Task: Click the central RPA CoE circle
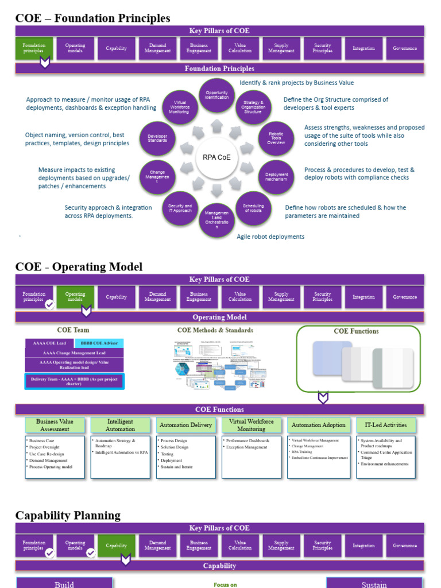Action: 217,157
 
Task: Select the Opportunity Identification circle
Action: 217,95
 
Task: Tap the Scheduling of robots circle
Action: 253,208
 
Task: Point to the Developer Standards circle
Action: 157,138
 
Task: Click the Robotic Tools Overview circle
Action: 276,138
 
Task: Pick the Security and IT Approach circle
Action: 180,208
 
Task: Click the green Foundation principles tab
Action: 34,48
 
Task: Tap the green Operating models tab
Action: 75,297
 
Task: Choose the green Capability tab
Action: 117,546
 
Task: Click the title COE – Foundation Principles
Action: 92,18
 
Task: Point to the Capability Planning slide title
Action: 68,515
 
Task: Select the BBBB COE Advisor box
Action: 99,343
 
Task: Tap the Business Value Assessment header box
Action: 55,425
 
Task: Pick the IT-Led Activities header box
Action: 386,425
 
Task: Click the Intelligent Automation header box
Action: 121,425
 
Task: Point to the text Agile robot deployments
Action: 270,237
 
